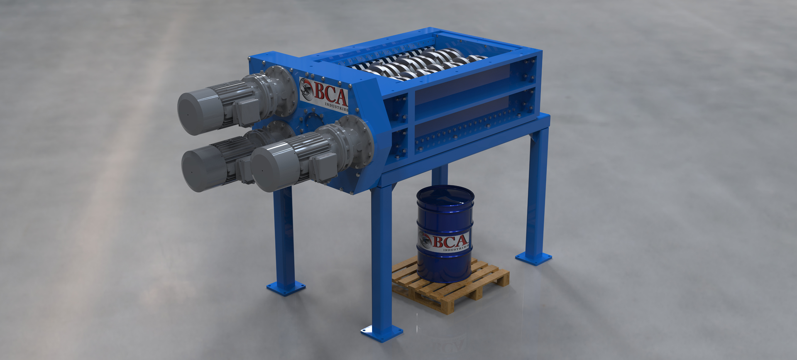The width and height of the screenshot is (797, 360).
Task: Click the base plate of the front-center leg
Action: point(381,333)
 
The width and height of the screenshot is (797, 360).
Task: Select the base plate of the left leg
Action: point(286,287)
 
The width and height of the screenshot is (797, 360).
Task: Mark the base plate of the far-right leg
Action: point(533,258)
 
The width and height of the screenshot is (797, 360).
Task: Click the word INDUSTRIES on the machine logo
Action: point(336,107)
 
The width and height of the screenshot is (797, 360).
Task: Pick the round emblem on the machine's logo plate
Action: point(307,88)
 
